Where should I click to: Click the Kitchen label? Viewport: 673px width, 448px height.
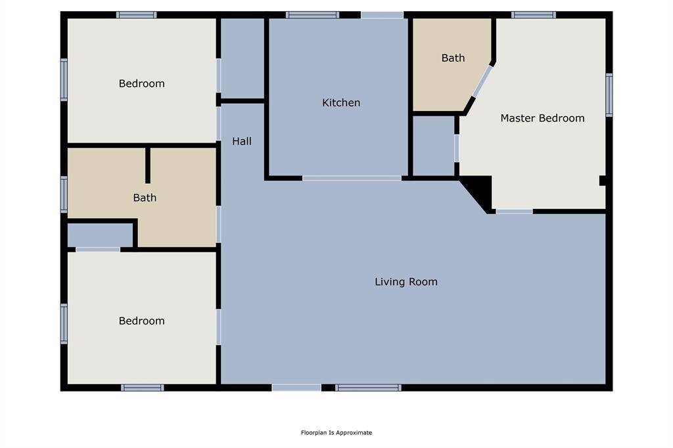click(341, 102)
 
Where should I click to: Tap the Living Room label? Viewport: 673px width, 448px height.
click(406, 282)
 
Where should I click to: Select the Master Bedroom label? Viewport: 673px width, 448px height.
click(542, 118)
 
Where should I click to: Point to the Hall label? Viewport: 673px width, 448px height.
click(242, 141)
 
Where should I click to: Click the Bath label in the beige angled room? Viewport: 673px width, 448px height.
click(453, 58)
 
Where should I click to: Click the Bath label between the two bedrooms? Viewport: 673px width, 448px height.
click(145, 198)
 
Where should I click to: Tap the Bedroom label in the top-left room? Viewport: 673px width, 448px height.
click(142, 83)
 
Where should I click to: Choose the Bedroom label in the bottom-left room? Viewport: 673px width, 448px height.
click(142, 321)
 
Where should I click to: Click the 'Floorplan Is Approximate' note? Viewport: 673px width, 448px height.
click(336, 432)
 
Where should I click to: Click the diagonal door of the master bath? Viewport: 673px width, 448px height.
click(482, 81)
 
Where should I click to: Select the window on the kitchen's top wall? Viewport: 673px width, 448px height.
click(312, 15)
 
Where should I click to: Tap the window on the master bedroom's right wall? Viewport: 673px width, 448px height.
click(609, 95)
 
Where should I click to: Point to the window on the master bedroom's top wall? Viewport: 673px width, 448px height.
click(534, 15)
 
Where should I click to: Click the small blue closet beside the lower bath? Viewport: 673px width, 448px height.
click(100, 235)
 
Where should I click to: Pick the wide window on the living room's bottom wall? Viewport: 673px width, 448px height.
click(368, 388)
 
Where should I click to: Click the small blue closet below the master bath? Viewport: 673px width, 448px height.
click(434, 145)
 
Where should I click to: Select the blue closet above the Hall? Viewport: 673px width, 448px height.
click(243, 58)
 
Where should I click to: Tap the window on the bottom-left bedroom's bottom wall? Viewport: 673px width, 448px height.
click(143, 388)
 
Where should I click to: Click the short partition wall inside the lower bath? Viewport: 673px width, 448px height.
click(148, 166)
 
